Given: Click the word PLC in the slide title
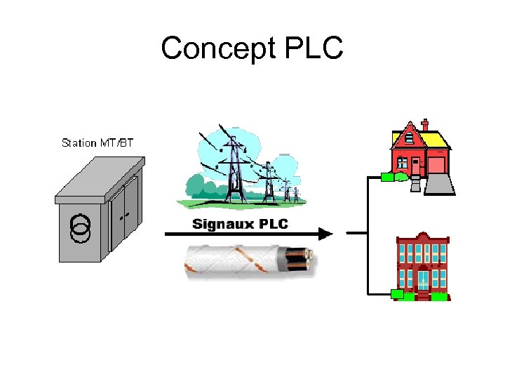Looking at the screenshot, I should tap(314, 49).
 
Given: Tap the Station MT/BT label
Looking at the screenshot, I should tap(97, 143).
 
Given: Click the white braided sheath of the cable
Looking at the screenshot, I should tap(231, 262).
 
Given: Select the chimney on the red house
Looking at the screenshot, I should tap(424, 126).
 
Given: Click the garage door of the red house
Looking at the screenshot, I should tap(436, 166).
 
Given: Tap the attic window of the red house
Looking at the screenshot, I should tap(408, 137).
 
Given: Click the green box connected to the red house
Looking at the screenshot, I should tap(388, 177).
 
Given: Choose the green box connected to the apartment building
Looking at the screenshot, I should tap(396, 294).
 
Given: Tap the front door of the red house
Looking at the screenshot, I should tap(416, 166).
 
